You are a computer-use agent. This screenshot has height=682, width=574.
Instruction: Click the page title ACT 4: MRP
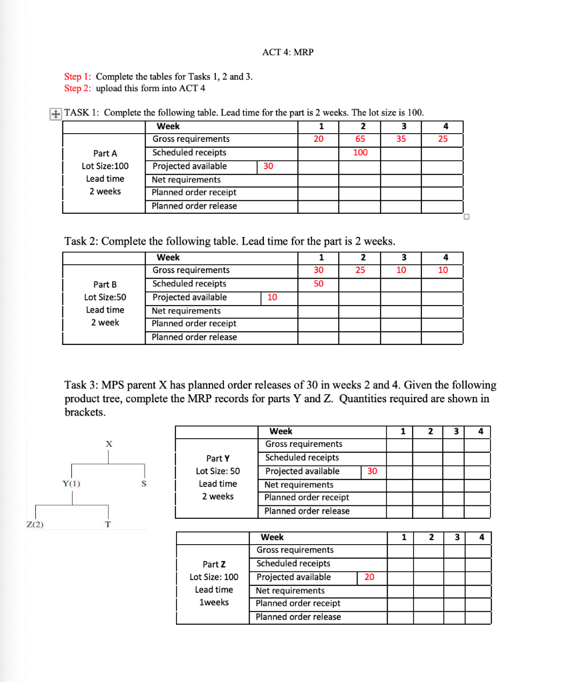click(x=287, y=53)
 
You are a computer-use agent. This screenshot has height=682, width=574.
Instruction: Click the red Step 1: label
click(x=78, y=77)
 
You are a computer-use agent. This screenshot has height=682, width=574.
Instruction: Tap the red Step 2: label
click(x=78, y=88)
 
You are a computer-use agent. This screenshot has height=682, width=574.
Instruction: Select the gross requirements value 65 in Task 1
click(x=360, y=139)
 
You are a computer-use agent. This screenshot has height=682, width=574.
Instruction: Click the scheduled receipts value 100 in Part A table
click(x=360, y=153)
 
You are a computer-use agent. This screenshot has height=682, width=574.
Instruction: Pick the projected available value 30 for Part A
click(x=268, y=167)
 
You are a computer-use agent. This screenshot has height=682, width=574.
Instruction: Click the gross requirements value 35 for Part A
click(x=401, y=139)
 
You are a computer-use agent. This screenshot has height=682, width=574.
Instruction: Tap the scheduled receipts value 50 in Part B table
click(x=319, y=284)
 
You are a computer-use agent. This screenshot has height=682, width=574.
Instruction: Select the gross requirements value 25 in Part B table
click(x=360, y=270)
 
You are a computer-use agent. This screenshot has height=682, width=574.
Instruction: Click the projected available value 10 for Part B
click(x=272, y=298)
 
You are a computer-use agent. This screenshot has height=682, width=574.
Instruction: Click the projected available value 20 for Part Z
click(x=369, y=577)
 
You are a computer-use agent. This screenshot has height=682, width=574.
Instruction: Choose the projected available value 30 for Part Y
click(x=372, y=472)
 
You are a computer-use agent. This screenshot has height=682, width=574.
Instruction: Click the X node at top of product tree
click(x=109, y=444)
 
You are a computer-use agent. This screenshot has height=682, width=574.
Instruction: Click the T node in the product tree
click(x=107, y=524)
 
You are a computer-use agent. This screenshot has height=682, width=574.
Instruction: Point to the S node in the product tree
click(x=143, y=484)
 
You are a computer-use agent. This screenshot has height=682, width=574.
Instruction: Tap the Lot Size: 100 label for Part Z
click(x=213, y=577)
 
